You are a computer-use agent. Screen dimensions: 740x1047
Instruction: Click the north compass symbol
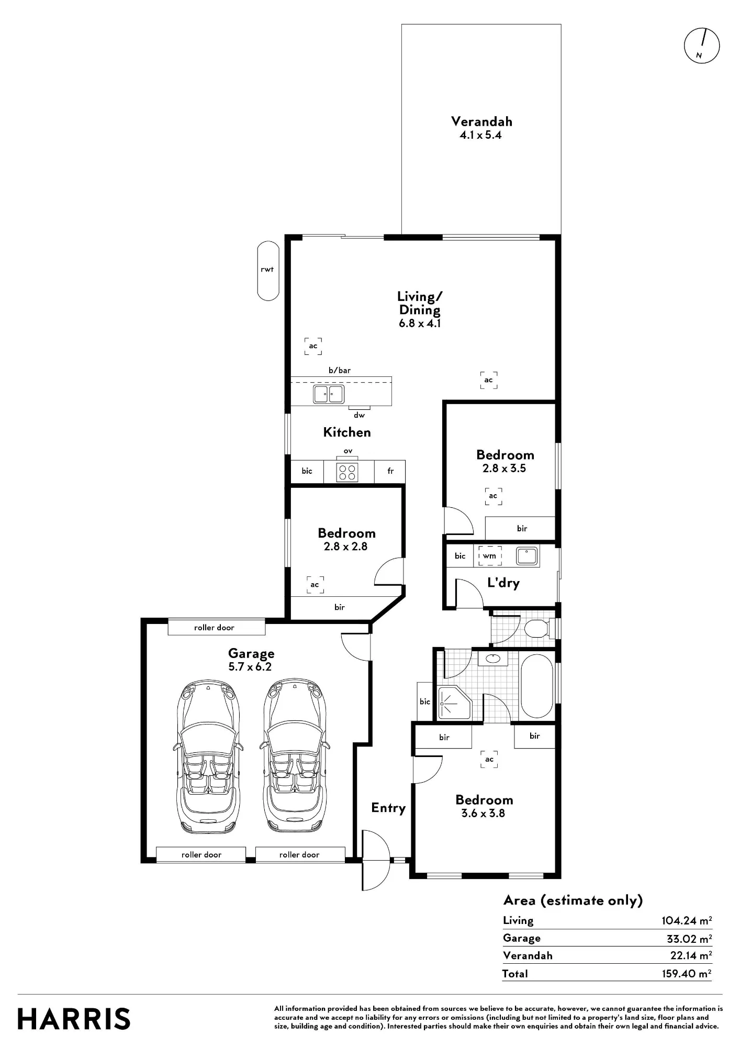point(702,46)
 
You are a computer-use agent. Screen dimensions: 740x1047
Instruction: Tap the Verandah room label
point(481,121)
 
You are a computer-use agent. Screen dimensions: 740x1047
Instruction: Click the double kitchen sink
point(329,394)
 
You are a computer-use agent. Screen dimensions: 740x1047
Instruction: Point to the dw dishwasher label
point(359,415)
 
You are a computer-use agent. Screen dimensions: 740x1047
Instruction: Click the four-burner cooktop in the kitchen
point(347,472)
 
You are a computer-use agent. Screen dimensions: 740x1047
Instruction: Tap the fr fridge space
point(390,471)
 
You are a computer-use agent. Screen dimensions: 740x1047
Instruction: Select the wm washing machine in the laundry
point(489,556)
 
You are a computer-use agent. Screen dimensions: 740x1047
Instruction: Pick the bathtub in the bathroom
point(537,686)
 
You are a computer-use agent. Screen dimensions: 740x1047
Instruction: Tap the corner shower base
point(455,702)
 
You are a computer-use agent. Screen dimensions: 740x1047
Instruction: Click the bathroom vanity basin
point(492,658)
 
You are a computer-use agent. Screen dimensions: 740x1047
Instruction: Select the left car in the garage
point(208,758)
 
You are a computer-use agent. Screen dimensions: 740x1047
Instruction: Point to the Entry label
point(388,808)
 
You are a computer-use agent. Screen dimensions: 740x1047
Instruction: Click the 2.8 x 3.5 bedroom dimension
point(504,468)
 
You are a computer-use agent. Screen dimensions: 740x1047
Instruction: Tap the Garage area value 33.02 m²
point(689,938)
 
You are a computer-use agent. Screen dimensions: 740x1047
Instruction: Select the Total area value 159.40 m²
point(686,973)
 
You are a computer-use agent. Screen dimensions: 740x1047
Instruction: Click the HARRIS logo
point(74,1019)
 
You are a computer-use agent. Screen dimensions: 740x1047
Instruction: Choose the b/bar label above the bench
point(340,370)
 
